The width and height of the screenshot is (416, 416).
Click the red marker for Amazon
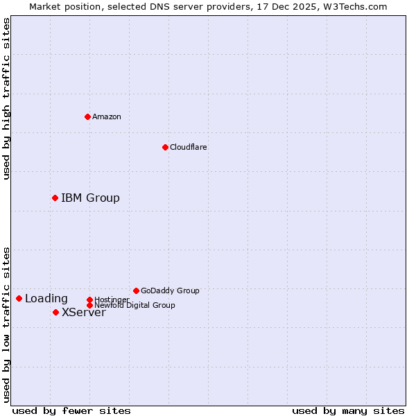point(87,116)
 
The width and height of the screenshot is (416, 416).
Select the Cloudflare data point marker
point(165,147)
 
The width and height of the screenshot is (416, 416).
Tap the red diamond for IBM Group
point(55,198)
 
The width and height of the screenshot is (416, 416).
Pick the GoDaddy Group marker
point(136,291)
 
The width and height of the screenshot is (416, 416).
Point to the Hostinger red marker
point(89,300)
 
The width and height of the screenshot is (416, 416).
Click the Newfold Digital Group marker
point(89,305)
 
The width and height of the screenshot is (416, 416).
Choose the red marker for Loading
point(19,299)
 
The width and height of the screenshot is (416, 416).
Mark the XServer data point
point(55,312)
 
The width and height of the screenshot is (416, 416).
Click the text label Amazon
point(107,116)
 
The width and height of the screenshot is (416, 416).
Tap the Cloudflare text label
point(189,147)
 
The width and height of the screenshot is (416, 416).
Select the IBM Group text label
point(90,198)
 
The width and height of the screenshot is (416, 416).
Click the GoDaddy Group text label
point(170,291)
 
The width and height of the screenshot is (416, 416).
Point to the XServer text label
point(84,313)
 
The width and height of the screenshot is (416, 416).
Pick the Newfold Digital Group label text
point(135,305)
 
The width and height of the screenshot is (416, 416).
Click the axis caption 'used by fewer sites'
point(71,410)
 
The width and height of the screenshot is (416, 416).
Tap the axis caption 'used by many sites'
point(348,410)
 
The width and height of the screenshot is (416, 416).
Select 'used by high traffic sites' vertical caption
point(6,98)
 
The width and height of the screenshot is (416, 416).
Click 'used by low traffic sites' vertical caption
point(6,324)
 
